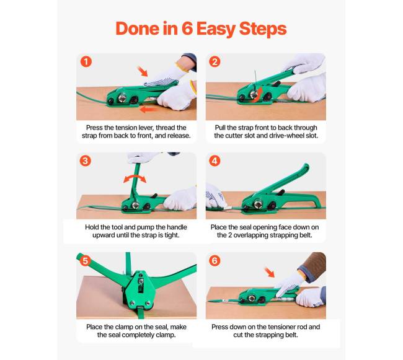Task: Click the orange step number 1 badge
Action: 86,61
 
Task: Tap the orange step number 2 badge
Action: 215,61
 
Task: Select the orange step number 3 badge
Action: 86,161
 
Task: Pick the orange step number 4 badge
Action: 215,161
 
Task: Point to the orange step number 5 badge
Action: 86,261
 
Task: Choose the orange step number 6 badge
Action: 215,261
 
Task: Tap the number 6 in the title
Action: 187,29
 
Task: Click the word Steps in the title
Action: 263,29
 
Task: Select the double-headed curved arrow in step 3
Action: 135,177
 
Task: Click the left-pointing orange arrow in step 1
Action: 149,110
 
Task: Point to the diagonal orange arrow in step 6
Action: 270,272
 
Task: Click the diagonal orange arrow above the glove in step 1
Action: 143,71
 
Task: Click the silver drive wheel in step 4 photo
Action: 258,204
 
